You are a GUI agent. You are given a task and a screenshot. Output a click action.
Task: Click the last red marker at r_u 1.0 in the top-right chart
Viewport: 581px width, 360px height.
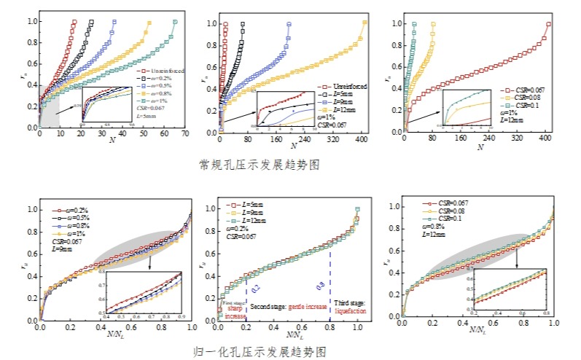tap(548, 24)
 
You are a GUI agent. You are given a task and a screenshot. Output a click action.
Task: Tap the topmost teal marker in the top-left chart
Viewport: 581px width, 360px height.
tap(175, 22)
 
